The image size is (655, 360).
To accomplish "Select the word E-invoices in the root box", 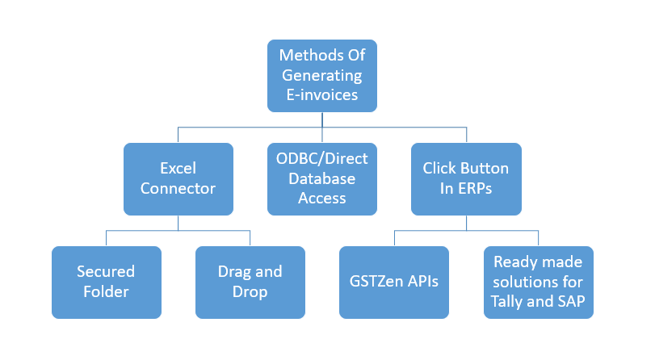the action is click(x=322, y=94).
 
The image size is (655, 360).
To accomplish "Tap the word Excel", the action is click(x=178, y=169).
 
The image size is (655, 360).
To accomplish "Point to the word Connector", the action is click(x=178, y=188).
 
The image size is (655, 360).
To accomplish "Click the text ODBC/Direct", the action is click(x=322, y=159).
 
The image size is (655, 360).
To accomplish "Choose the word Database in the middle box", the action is click(x=322, y=178).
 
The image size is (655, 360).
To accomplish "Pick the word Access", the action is click(x=322, y=198).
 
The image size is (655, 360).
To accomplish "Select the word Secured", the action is click(x=106, y=271).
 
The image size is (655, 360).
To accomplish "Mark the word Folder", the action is click(x=106, y=291).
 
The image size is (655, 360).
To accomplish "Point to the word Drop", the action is click(x=250, y=292).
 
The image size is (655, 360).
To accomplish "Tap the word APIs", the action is click(x=423, y=282).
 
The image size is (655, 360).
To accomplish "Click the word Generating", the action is click(x=322, y=76).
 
